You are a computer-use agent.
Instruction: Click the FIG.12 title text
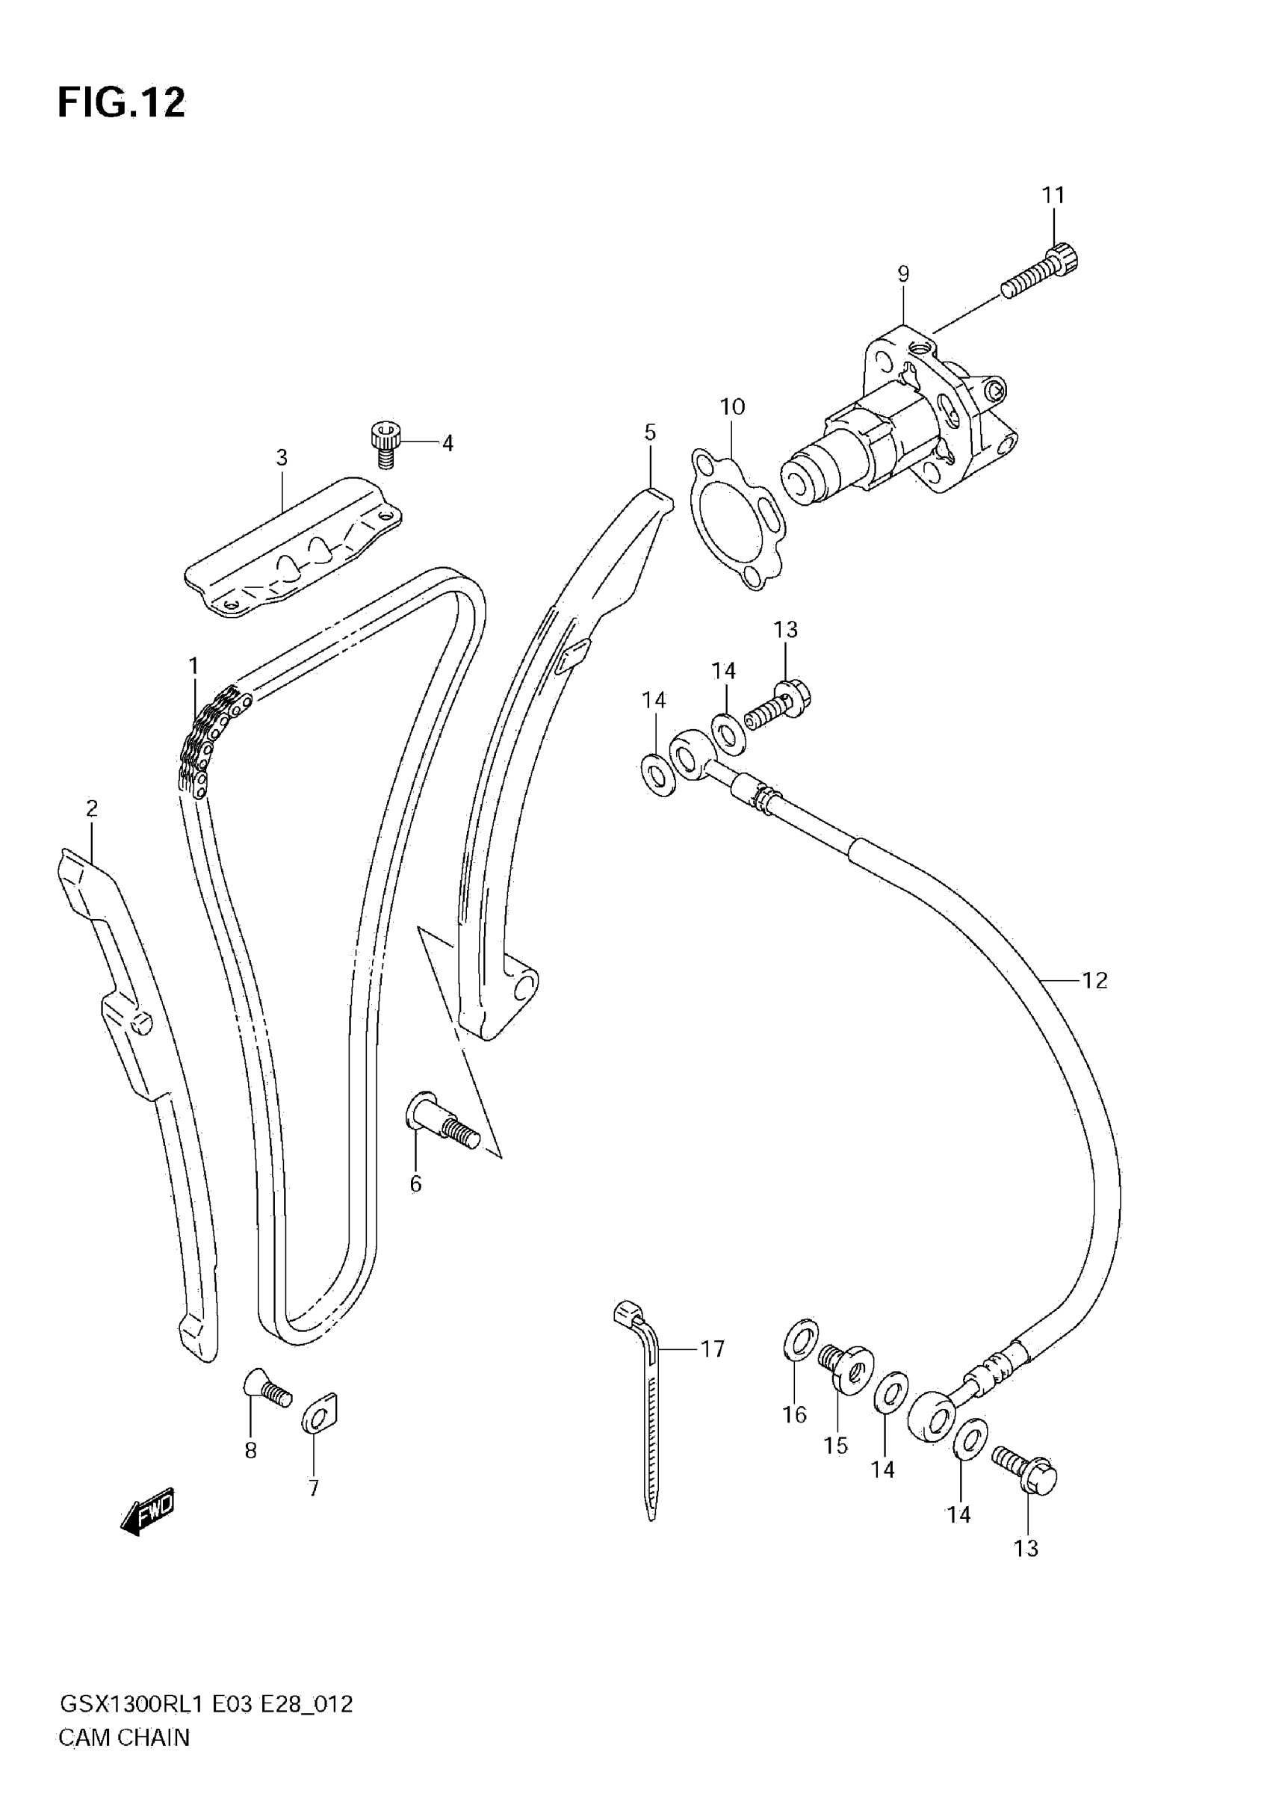pos(122,102)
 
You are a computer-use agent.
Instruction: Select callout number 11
pos(1053,195)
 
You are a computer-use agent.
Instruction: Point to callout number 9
pos(903,274)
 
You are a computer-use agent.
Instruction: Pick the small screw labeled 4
pos(385,444)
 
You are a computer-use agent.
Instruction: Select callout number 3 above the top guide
pos(282,457)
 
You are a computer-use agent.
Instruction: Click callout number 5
pos(650,433)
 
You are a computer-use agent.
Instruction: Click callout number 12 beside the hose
pos(1094,980)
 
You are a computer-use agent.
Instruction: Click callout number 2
pos(92,808)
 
